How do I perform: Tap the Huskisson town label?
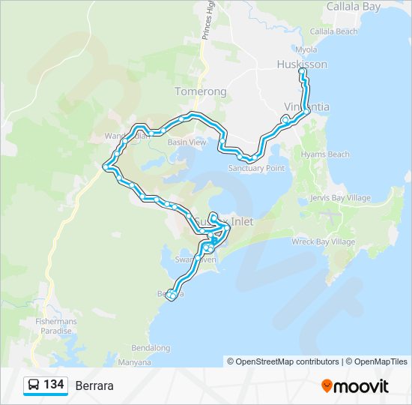tap(302, 64)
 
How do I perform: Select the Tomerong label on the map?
tap(200, 91)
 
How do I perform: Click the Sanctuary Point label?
tap(256, 168)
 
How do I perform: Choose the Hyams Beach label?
tap(324, 154)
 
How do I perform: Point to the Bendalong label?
tap(151, 348)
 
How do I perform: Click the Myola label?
tap(307, 49)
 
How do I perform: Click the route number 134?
tap(53, 385)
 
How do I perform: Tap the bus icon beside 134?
tap(34, 385)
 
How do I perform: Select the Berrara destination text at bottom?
tap(94, 385)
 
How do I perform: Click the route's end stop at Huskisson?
tap(302, 72)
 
